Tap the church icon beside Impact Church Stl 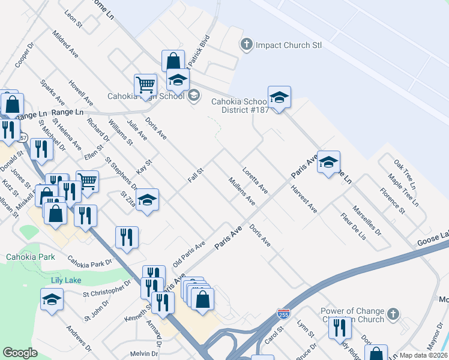click(x=246, y=44)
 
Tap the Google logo click(x=20, y=353)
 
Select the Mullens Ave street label click(x=241, y=191)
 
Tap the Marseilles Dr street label click(x=367, y=220)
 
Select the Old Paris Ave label click(x=189, y=253)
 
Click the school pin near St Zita click(x=147, y=200)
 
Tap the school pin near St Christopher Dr click(x=52, y=300)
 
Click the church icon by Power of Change click(x=392, y=314)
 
